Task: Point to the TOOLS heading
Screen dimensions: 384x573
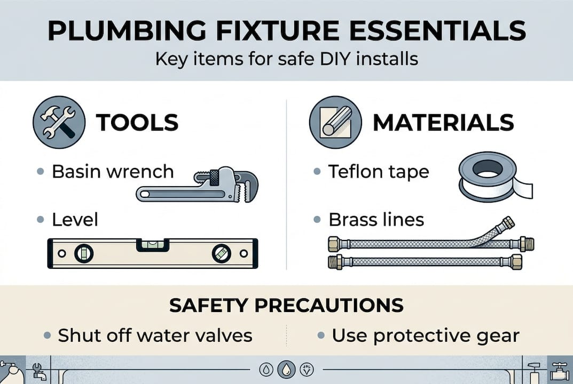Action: (x=137, y=123)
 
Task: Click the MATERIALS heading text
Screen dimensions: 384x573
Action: (x=443, y=123)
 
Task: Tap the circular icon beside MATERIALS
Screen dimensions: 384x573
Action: (x=332, y=123)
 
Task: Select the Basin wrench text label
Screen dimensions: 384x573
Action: (x=113, y=172)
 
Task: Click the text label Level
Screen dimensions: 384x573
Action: (x=75, y=219)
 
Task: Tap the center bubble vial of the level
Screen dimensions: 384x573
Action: (x=154, y=245)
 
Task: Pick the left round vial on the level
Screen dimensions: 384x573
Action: (x=84, y=253)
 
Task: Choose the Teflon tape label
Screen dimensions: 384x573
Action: (x=379, y=172)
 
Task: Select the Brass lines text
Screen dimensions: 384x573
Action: (x=376, y=219)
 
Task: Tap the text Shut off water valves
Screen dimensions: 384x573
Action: (x=155, y=335)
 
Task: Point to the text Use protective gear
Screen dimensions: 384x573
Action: (x=425, y=335)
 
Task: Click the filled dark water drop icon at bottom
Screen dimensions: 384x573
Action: (x=286, y=369)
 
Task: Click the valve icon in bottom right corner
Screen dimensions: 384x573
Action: (x=560, y=370)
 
